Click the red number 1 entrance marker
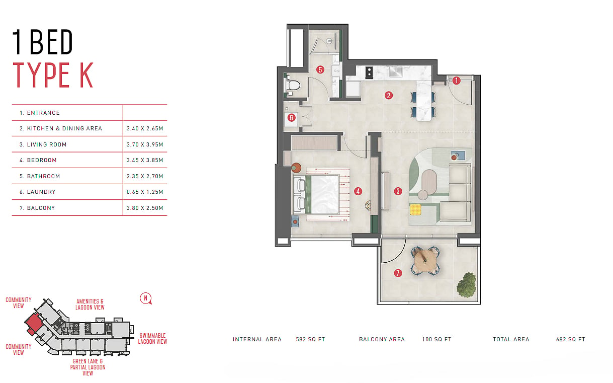(x=456, y=81)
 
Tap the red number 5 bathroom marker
(x=320, y=69)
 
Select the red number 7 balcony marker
(x=398, y=273)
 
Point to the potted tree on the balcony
(x=466, y=285)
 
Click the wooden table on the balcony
(x=425, y=260)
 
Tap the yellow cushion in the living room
(x=415, y=209)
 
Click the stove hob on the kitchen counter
(x=369, y=72)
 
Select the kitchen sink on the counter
(x=396, y=72)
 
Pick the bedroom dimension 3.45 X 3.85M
(x=145, y=160)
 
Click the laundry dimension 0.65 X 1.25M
(x=145, y=192)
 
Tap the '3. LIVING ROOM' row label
(x=43, y=144)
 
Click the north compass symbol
(x=146, y=298)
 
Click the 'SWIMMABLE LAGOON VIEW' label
(x=152, y=339)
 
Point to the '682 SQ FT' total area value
(x=571, y=339)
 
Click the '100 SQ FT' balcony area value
(x=436, y=339)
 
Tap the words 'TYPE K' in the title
(x=53, y=75)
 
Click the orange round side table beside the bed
(x=296, y=168)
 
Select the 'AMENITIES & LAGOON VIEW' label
(x=90, y=304)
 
